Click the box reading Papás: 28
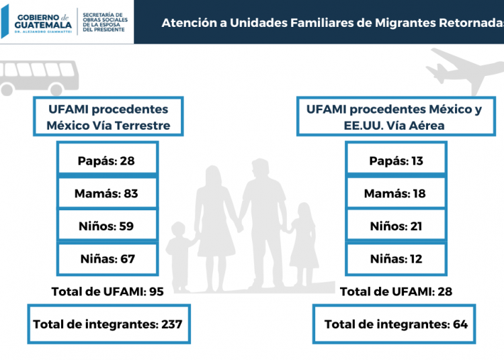tap(108, 161)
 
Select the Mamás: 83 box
tap(108, 193)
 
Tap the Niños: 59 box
tap(108, 226)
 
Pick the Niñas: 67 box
tap(108, 259)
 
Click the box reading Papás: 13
tap(396, 161)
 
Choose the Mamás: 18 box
tap(396, 193)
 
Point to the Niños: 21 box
tap(396, 226)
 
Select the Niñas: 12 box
tap(396, 259)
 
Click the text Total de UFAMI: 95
tap(108, 291)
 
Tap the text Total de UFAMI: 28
tap(396, 291)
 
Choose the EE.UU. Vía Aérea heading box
tap(394, 117)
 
